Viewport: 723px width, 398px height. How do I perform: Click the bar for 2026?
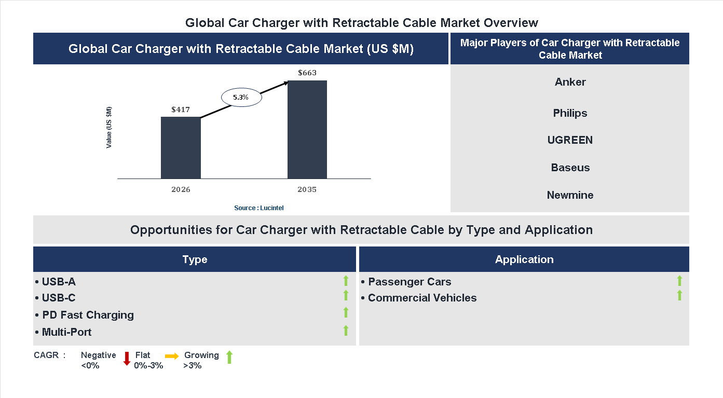pyautogui.click(x=181, y=148)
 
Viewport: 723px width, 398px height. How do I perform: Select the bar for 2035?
pyautogui.click(x=307, y=130)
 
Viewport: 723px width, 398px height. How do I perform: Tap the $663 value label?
pyautogui.click(x=307, y=73)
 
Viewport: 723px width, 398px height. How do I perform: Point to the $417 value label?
pyautogui.click(x=181, y=109)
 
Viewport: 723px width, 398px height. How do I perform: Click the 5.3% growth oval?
pyautogui.click(x=241, y=97)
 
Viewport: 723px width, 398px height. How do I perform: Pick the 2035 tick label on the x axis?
pyautogui.click(x=307, y=189)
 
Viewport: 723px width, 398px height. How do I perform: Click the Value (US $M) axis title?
pyautogui.click(x=109, y=127)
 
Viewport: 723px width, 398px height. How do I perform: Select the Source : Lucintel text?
pyautogui.click(x=259, y=208)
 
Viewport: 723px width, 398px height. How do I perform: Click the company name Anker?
pyautogui.click(x=570, y=82)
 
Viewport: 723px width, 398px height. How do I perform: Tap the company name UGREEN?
pyautogui.click(x=570, y=140)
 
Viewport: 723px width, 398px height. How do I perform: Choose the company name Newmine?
pyautogui.click(x=570, y=195)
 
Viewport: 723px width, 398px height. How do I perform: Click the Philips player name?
pyautogui.click(x=570, y=113)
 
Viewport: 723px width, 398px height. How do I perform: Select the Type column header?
pyautogui.click(x=195, y=259)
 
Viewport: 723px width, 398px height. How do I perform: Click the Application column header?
pyautogui.click(x=524, y=259)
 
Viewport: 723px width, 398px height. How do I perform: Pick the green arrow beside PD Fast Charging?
pyautogui.click(x=346, y=312)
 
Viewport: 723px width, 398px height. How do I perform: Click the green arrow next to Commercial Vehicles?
pyautogui.click(x=679, y=295)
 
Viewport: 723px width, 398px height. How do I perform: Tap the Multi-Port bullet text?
pyautogui.click(x=66, y=332)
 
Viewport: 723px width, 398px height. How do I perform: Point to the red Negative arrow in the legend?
pyautogui.click(x=127, y=358)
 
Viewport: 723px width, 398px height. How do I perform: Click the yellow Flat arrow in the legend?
pyautogui.click(x=172, y=356)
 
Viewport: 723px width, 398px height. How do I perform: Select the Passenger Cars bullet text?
pyautogui.click(x=410, y=282)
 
